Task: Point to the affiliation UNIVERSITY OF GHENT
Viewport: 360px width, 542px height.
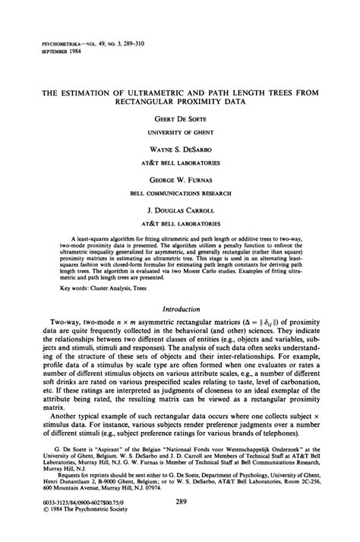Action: click(180, 132)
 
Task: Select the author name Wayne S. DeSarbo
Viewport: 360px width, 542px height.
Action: click(180, 152)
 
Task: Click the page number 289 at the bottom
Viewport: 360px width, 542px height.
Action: click(181, 500)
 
